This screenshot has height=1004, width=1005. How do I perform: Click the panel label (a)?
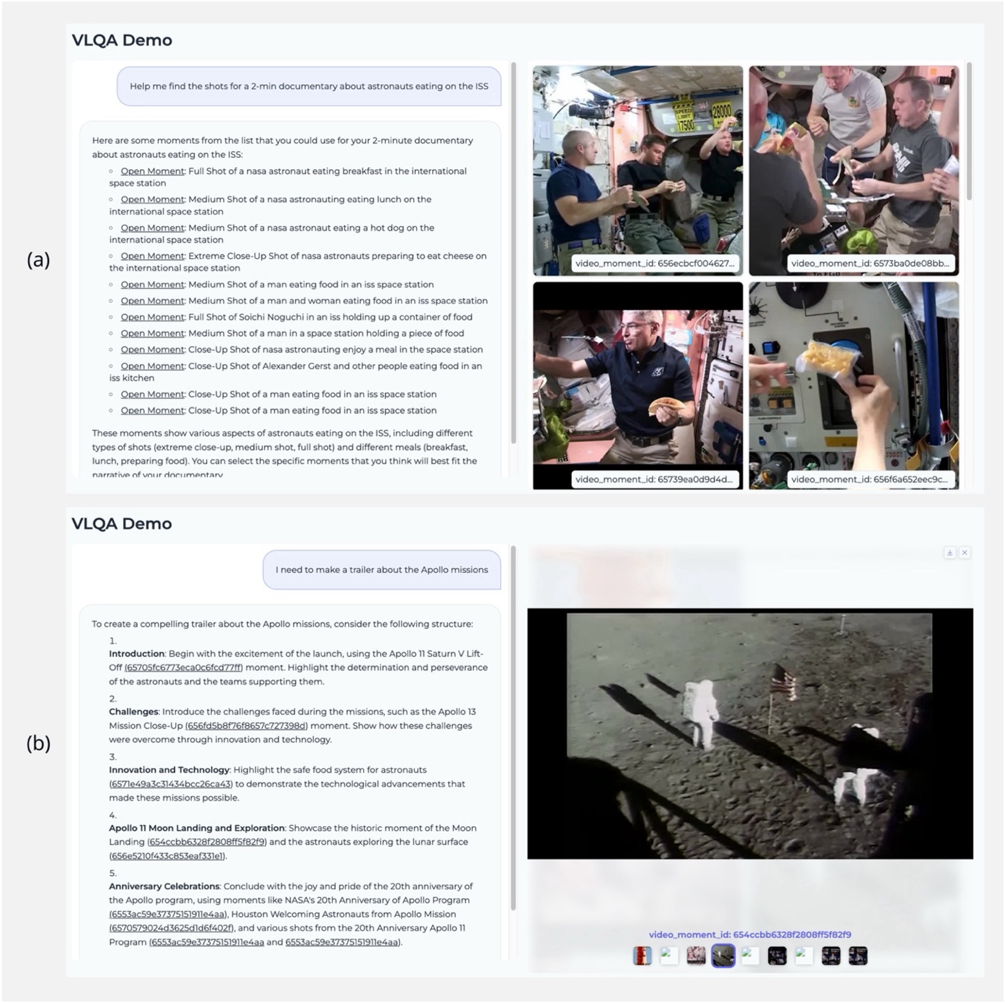38,260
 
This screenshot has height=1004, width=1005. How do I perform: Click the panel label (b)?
38,743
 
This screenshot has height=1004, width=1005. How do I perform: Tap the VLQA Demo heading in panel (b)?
121,523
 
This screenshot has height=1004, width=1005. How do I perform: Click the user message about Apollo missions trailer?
381,569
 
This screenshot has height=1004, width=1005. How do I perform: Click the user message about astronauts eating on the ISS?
308,86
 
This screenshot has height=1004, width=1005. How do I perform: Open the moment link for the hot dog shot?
152,228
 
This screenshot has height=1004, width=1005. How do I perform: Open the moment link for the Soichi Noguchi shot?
152,317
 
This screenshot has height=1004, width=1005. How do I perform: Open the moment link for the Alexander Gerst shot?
152,366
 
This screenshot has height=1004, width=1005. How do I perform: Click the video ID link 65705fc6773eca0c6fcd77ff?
183,667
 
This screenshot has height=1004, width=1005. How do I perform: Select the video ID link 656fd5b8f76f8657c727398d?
246,725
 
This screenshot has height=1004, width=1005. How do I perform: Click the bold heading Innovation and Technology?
169,770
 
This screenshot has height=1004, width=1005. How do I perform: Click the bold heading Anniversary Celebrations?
164,886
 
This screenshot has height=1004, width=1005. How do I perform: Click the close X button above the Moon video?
965,553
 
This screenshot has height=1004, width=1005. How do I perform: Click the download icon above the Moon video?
950,553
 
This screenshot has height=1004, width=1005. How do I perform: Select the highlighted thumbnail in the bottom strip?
723,955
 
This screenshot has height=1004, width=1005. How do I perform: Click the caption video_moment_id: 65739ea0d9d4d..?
654,479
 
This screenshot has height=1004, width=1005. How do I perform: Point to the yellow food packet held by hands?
828,359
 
